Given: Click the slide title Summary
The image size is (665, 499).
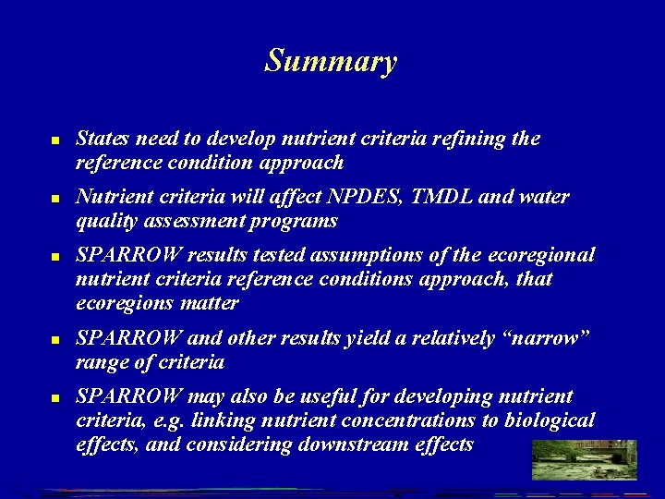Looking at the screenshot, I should click(331, 61).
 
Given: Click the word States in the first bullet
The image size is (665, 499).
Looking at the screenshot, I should click(102, 139).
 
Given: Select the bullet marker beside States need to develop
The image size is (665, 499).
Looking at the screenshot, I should click(55, 140).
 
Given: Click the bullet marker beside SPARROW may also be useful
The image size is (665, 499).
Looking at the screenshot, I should click(55, 398).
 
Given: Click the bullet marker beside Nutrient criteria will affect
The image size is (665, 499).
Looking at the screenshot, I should click(55, 199).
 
